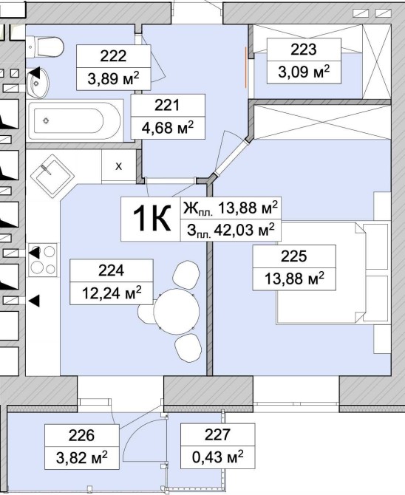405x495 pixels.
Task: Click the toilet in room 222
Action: pyautogui.click(x=45, y=47)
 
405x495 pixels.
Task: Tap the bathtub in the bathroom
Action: pyautogui.click(x=75, y=120)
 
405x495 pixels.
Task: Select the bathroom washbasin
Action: pyautogui.click(x=37, y=83)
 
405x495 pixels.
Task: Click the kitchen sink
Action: pyautogui.click(x=52, y=176)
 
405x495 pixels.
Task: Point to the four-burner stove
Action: pyautogui.click(x=43, y=260)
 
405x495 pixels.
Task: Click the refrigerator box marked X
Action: pyautogui.click(x=118, y=166)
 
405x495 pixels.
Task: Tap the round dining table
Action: pyautogui.click(x=177, y=311)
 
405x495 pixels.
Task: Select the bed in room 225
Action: pyautogui.click(x=321, y=273)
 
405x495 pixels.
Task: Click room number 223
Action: pyautogui.click(x=303, y=49)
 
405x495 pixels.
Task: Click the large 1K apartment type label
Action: pyautogui.click(x=152, y=218)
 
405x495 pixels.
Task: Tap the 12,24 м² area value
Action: pyautogui.click(x=112, y=293)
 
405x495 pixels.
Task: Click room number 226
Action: pyautogui.click(x=81, y=436)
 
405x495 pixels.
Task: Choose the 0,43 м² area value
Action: pyautogui.click(x=218, y=457)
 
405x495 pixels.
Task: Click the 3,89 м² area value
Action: pyautogui.click(x=113, y=78)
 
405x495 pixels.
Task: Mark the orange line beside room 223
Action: pyautogui.click(x=246, y=66)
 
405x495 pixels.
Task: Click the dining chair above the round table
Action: pyautogui.click(x=186, y=273)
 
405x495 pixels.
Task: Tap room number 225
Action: pyautogui.click(x=294, y=256)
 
